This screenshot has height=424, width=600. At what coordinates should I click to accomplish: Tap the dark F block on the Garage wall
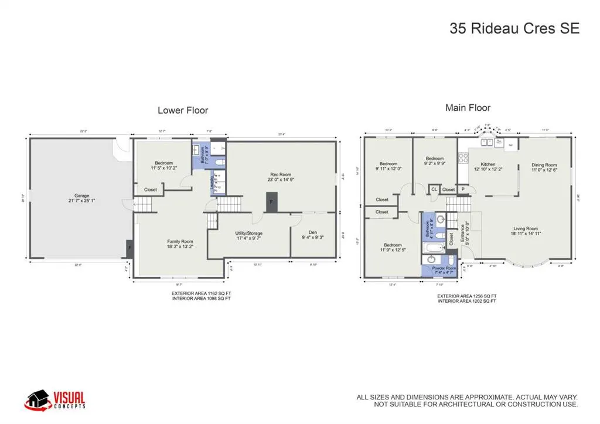pos(129,248)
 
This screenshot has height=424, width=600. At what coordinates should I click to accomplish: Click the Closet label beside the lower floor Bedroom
pos(151,189)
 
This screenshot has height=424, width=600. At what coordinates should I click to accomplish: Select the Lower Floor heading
pos(183,110)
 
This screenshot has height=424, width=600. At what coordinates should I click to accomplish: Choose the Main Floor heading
pos(468,108)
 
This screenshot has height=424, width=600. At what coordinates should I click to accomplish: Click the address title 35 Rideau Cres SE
pos(514,28)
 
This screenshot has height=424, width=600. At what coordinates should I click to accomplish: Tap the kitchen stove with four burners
pos(462,157)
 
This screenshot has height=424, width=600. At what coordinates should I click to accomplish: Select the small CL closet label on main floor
pos(434,189)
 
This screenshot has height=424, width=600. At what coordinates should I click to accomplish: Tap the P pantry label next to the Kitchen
pos(462,189)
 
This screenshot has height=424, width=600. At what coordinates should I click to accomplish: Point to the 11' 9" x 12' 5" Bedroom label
pos(393,248)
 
